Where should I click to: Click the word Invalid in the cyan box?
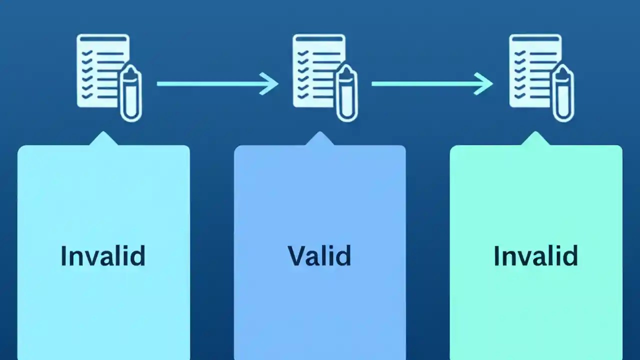(103, 255)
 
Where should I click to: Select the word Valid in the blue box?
(319, 255)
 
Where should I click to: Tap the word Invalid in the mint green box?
(535, 255)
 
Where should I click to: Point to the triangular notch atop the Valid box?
(319, 139)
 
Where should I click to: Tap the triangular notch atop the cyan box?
(103, 139)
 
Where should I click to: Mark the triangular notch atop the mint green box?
(535, 139)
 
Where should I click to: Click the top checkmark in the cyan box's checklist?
(86, 53)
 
